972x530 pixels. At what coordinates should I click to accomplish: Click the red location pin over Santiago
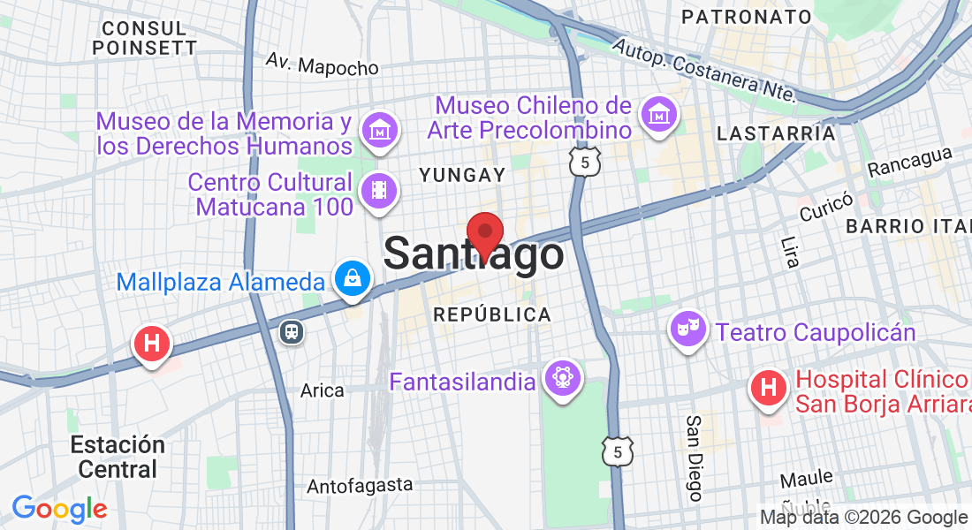coord(484,234)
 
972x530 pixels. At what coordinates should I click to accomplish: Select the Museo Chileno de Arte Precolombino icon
coord(659,115)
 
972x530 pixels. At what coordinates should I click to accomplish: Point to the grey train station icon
coord(292,331)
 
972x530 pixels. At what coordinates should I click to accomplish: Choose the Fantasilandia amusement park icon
coord(563,377)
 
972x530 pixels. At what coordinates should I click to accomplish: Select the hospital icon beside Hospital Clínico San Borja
coord(769,388)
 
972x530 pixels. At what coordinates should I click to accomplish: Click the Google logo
coord(59,509)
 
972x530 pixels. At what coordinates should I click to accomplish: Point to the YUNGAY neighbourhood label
coord(462,175)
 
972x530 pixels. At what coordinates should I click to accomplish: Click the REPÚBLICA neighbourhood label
coord(491,314)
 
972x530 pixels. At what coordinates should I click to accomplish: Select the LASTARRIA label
coord(776,133)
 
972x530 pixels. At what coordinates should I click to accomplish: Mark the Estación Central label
coord(118,456)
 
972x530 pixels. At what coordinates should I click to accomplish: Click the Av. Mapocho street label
coord(322,64)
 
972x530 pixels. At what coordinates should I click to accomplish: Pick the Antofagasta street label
coord(360,485)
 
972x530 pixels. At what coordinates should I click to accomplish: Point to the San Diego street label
coord(695,458)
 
